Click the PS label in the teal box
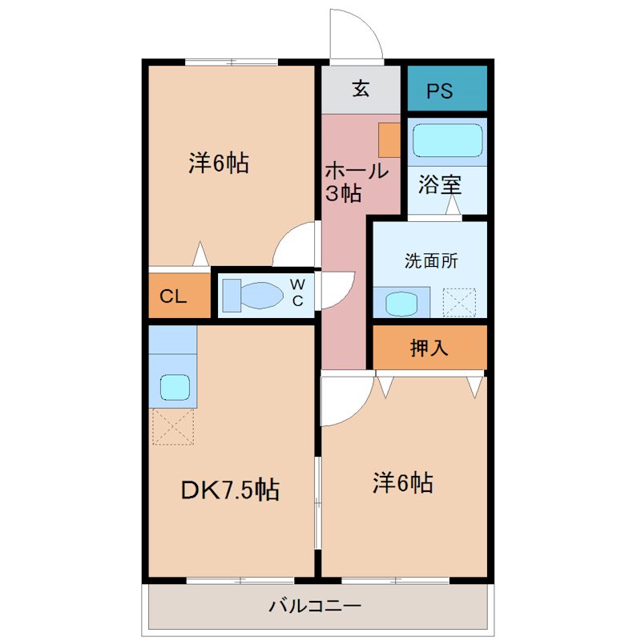(x=440, y=91)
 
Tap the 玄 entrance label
(x=361, y=89)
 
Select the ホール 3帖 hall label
(x=357, y=182)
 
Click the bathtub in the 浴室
(x=448, y=140)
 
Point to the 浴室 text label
(x=440, y=185)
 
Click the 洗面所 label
(x=431, y=261)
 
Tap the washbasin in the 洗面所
(x=401, y=304)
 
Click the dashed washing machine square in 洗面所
(x=459, y=303)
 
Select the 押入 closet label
(x=429, y=348)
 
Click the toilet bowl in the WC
(x=261, y=295)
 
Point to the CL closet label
(x=173, y=296)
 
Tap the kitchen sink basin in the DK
(x=175, y=388)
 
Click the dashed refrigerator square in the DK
(x=173, y=426)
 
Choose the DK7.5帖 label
(x=230, y=490)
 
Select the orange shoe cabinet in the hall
(x=389, y=140)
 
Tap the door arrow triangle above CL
(x=200, y=254)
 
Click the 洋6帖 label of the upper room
(x=219, y=163)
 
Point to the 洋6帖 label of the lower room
(x=403, y=482)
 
